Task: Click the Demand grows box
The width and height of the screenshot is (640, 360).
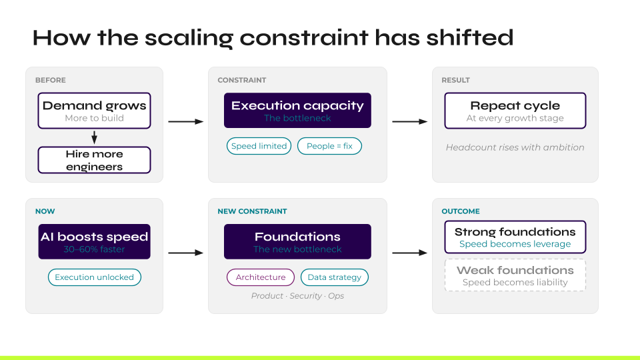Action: click(94, 111)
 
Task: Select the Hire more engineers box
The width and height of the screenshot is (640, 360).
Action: click(94, 160)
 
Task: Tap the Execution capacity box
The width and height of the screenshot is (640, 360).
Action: click(297, 111)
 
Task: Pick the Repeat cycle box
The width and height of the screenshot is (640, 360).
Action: click(515, 111)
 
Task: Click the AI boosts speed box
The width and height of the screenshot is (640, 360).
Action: click(94, 242)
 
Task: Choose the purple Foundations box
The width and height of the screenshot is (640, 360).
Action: click(297, 242)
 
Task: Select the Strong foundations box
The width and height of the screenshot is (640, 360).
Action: click(515, 237)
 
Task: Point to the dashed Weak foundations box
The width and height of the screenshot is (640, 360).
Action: click(515, 275)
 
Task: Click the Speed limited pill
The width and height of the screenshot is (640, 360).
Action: click(259, 146)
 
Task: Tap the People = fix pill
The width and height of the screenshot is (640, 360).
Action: click(329, 146)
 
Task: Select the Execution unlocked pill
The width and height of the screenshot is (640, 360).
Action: click(94, 277)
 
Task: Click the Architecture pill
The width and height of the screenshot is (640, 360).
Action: click(260, 277)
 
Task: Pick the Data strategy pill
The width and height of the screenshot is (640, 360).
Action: click(334, 277)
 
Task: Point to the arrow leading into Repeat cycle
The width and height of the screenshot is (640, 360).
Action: click(409, 122)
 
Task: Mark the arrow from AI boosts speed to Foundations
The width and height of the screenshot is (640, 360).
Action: click(185, 253)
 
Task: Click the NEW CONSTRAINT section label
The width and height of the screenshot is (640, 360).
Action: click(252, 211)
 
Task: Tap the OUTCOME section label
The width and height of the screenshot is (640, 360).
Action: click(461, 211)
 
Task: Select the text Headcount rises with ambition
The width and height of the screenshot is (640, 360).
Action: click(515, 147)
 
